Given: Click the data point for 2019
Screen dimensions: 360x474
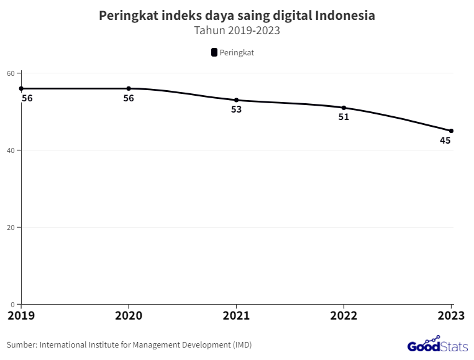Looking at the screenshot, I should (x=21, y=88).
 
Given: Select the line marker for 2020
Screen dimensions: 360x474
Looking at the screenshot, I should (x=129, y=88).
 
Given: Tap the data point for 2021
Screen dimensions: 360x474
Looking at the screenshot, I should (x=236, y=100).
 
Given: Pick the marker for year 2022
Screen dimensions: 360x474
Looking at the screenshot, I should (x=344, y=108).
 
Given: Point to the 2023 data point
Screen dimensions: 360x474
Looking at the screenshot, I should (x=451, y=131).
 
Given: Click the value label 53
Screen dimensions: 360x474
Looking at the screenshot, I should (x=236, y=109).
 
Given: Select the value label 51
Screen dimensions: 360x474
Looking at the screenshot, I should (x=344, y=117).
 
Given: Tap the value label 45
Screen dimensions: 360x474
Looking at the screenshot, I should (x=445, y=141).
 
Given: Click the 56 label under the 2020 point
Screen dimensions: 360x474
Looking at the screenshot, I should (x=129, y=98).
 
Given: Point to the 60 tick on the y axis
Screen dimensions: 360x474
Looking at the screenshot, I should (x=11, y=73).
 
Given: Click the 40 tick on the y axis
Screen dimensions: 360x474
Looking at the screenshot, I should (x=11, y=150).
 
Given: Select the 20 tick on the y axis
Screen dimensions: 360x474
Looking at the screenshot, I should (x=11, y=228).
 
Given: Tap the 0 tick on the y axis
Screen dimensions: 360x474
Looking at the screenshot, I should (x=12, y=304).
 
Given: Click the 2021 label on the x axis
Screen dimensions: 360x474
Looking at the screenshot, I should (x=236, y=316).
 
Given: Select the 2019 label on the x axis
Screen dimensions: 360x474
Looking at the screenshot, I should (x=22, y=316).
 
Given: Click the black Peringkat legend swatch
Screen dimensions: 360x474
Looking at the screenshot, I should (x=214, y=53).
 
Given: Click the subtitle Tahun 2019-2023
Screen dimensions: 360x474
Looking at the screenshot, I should (x=237, y=30).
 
